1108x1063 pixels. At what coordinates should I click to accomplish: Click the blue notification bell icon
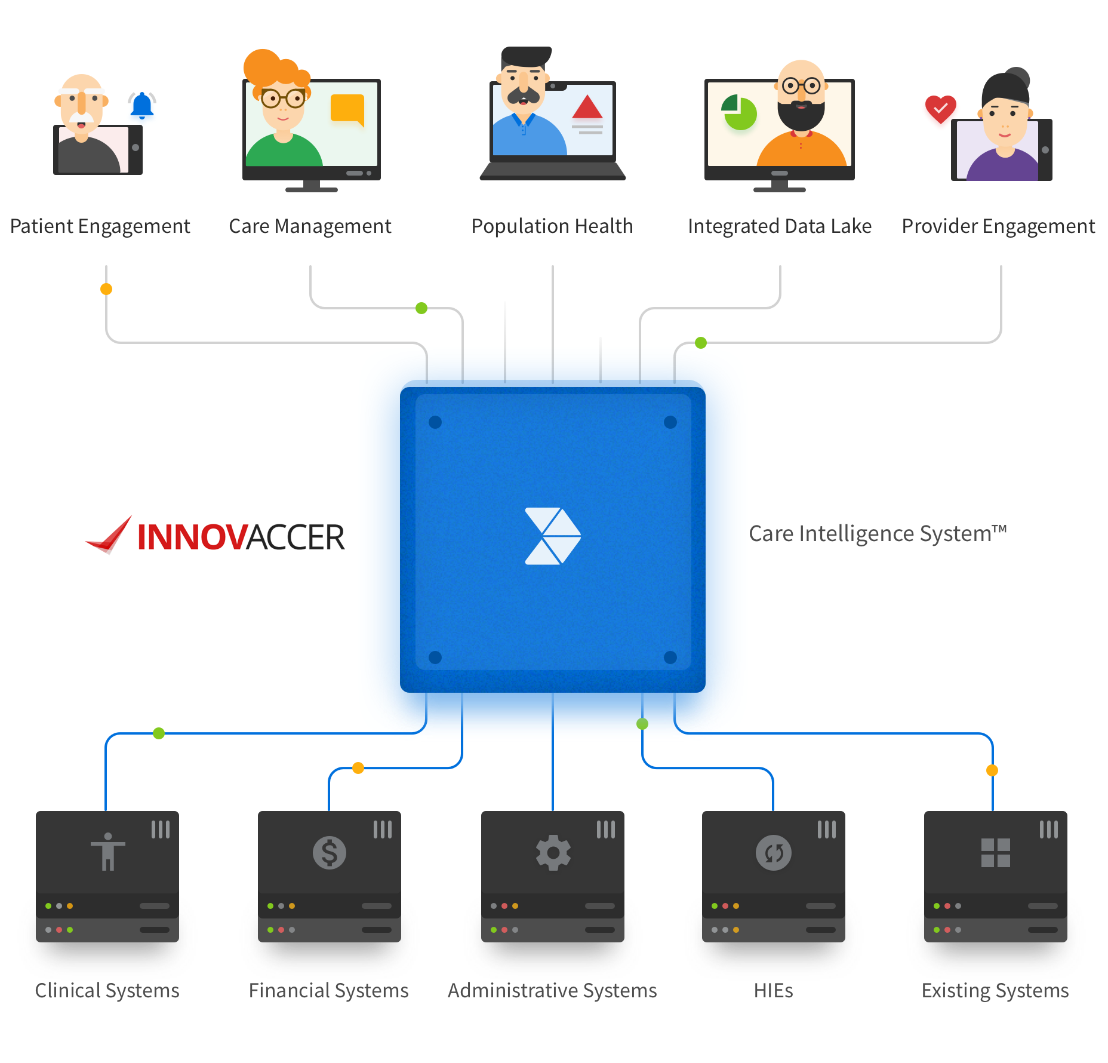coord(142,105)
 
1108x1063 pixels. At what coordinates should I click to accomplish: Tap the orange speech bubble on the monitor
coord(347,109)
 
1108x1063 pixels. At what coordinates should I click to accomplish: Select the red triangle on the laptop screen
coord(587,107)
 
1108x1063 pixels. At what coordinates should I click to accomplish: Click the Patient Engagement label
coord(100,226)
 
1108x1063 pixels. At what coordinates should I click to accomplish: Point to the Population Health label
coord(552,226)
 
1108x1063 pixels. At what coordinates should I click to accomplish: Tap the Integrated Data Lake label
coord(779,226)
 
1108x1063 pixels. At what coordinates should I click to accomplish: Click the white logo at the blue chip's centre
coord(552,536)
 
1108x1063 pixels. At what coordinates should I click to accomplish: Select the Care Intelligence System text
coord(877,533)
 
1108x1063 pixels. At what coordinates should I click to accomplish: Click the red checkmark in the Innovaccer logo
coord(110,535)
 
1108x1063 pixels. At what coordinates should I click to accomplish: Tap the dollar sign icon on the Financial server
coord(329,852)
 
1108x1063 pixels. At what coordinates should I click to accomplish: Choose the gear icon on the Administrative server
coord(553,852)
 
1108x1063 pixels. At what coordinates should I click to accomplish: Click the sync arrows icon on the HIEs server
coord(773,852)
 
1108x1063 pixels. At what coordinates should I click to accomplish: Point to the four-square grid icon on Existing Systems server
coord(995,852)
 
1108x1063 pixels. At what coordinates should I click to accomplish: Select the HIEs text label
coord(773,991)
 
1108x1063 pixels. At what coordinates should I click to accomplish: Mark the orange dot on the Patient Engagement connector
coord(106,289)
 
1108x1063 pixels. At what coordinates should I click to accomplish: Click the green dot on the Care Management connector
coord(421,308)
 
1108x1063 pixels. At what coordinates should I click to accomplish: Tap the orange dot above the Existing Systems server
coord(992,770)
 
